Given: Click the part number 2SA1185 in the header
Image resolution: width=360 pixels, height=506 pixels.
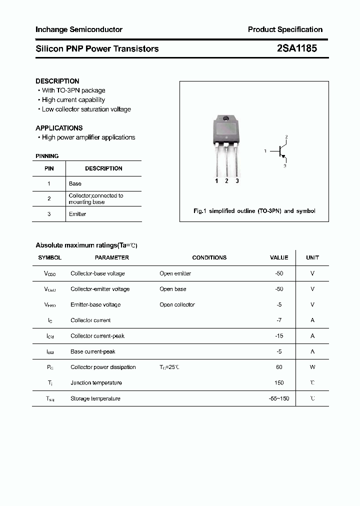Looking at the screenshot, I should [296, 48].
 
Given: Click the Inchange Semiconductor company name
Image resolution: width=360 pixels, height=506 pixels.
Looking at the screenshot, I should [79, 29].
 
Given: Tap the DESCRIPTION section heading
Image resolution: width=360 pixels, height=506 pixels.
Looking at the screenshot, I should [57, 81].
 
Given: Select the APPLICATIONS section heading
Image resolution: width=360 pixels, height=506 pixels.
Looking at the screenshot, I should [59, 128].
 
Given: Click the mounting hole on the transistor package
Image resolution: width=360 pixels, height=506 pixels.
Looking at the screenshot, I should [225, 119].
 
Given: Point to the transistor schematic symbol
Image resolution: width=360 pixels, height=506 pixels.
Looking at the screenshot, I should [280, 150].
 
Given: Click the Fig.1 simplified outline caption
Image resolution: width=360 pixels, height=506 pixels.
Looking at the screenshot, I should [254, 211].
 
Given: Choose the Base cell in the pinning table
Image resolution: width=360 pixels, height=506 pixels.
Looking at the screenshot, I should [75, 183].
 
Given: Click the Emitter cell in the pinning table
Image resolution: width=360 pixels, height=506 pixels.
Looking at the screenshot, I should [77, 214].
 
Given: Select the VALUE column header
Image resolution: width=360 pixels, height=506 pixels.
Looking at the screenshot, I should [279, 257].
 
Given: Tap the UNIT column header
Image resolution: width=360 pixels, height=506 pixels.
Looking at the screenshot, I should [312, 257].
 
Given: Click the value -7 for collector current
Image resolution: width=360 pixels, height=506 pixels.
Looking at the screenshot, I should [279, 320].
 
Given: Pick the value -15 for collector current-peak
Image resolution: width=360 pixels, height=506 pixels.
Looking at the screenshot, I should [279, 336].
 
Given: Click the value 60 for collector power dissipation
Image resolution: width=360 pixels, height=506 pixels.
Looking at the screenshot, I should [279, 367].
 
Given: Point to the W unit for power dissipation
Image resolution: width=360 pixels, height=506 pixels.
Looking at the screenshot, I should [312, 367].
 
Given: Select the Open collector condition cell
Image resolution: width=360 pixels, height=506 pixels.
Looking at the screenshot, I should [177, 304].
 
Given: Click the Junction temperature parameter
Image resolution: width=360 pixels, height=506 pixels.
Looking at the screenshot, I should [96, 382].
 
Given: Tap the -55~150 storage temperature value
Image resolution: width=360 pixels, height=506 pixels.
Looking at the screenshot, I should [279, 398].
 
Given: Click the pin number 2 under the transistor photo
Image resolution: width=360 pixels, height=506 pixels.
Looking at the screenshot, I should [226, 181].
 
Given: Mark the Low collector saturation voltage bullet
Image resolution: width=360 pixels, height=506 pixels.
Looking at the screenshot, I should [86, 109].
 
